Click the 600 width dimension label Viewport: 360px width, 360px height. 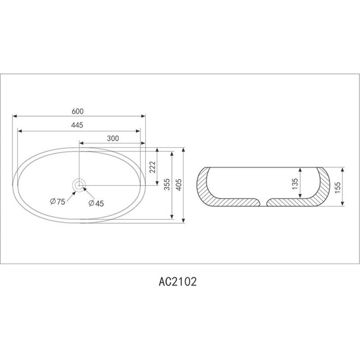pyautogui.click(x=78, y=112)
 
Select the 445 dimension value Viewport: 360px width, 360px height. pyautogui.click(x=78, y=126)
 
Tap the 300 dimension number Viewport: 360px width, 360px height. pyautogui.click(x=113, y=138)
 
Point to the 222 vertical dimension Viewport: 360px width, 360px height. pyautogui.click(x=152, y=167)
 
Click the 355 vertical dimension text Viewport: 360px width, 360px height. pyautogui.click(x=166, y=184)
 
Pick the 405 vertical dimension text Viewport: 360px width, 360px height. pyautogui.click(x=179, y=185)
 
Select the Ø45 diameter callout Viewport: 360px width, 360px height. pyautogui.click(x=96, y=203)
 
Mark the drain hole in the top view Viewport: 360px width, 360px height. pyautogui.click(x=79, y=184)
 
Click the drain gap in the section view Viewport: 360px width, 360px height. pyautogui.click(x=262, y=202)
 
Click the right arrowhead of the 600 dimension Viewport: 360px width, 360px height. pyautogui.click(x=144, y=117)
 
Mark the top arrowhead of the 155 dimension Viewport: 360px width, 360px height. pyautogui.click(x=343, y=169)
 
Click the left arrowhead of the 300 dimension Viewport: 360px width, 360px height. pyautogui.click(x=81, y=143)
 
